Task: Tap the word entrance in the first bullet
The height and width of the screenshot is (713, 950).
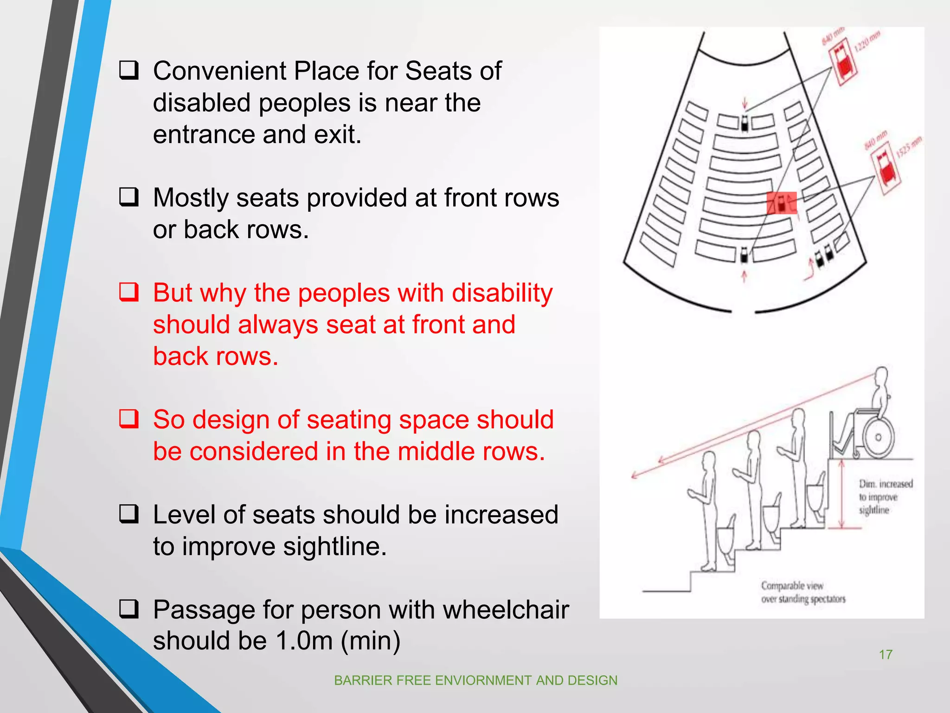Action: [x=204, y=135]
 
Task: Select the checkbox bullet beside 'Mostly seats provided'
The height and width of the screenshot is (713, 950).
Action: [x=128, y=197]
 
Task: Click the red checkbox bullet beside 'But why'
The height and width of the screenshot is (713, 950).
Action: [x=128, y=292]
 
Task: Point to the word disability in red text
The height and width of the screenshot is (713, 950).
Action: [x=502, y=293]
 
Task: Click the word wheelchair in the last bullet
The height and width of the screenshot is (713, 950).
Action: [x=506, y=610]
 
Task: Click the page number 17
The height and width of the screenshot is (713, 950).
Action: [x=886, y=655]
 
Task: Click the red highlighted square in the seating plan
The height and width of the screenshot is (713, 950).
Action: [x=781, y=203]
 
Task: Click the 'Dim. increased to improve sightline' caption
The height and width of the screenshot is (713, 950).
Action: [x=885, y=497]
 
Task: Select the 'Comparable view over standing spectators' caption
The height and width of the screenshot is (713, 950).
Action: [x=802, y=592]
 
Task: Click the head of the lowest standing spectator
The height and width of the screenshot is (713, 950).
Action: [x=709, y=461]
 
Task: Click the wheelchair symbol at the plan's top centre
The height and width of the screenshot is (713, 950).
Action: [x=745, y=123]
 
